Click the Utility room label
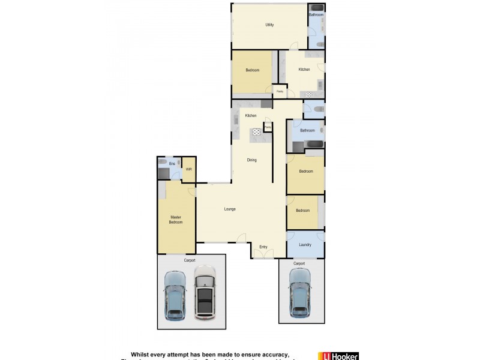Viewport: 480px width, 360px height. (269, 25)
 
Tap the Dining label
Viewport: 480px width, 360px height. (252, 160)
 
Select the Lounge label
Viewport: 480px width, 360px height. (230, 209)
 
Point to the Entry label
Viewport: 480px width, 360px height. (263, 247)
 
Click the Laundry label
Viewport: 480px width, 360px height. (305, 244)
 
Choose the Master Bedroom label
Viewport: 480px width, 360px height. (176, 220)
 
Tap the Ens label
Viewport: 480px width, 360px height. (172, 163)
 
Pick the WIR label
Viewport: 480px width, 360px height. (188, 169)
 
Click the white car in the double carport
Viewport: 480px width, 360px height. (205, 294)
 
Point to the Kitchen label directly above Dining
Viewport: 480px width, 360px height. (251, 115)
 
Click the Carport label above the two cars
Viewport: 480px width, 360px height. (190, 260)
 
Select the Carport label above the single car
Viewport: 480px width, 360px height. (299, 263)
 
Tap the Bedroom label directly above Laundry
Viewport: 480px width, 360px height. (302, 210)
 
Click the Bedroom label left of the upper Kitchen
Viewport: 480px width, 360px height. (253, 70)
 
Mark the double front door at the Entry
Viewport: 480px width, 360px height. (262, 254)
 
